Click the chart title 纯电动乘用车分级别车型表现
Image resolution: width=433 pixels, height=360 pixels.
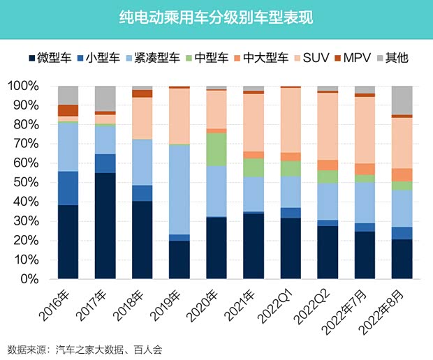pos(216,18)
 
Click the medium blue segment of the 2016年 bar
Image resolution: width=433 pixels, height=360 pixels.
pos(68,188)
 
